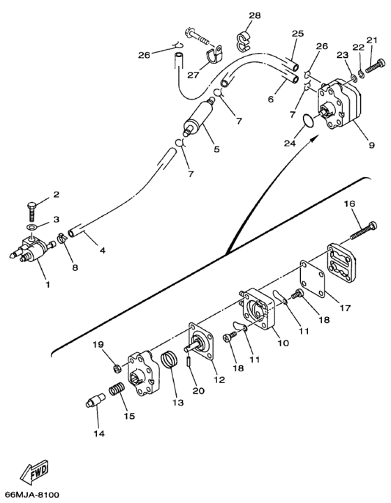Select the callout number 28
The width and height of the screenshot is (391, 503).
click(255, 15)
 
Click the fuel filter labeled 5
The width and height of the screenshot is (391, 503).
click(198, 117)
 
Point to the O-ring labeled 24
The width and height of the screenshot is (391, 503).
click(309, 121)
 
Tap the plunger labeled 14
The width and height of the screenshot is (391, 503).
click(96, 400)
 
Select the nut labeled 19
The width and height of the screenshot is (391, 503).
click(117, 369)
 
